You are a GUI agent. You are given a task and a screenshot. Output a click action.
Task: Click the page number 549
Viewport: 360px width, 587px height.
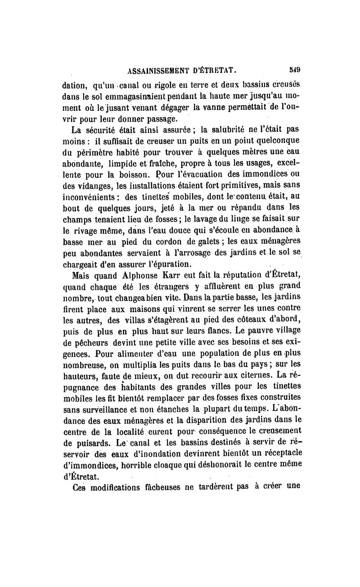click(295, 70)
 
